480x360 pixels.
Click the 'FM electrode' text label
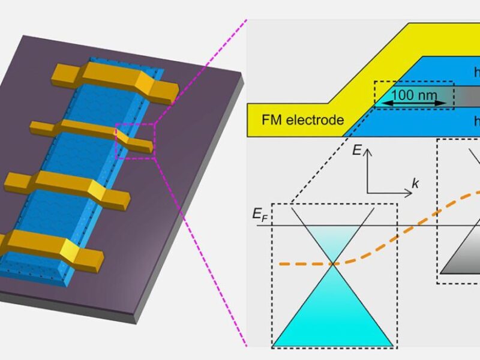(302, 120)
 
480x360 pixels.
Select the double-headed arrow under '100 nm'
(415, 104)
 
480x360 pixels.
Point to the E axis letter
(357, 151)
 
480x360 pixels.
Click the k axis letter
(415, 184)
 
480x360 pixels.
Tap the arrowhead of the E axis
(368, 152)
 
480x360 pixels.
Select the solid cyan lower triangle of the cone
(332, 318)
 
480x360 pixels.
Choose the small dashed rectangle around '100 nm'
(414, 95)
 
